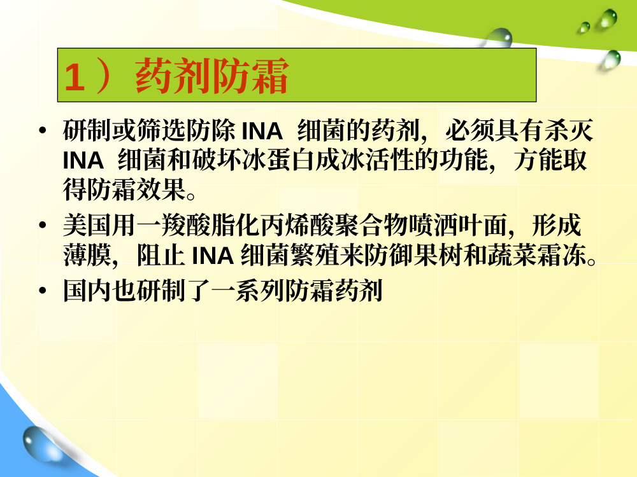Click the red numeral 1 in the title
coord(75,76)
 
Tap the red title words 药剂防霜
coord(212,76)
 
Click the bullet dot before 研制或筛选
coord(43,130)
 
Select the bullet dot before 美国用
coord(43,225)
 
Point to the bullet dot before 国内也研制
coord(43,291)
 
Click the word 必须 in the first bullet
coord(469,130)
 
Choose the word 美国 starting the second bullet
coord(88,225)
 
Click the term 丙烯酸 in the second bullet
coord(297,225)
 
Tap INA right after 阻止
coord(213,256)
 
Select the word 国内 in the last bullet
coord(88,291)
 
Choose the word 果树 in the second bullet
coord(438,255)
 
